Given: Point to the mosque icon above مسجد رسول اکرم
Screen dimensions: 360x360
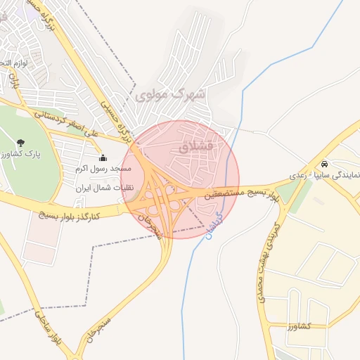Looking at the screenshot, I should [103, 157].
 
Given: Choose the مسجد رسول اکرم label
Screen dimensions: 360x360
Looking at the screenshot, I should [101, 169].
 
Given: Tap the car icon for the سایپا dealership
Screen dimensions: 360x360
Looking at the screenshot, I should [323, 164].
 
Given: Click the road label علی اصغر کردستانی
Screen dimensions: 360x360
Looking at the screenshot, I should [67, 121].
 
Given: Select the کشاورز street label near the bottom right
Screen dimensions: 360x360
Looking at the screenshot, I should [298, 326].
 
